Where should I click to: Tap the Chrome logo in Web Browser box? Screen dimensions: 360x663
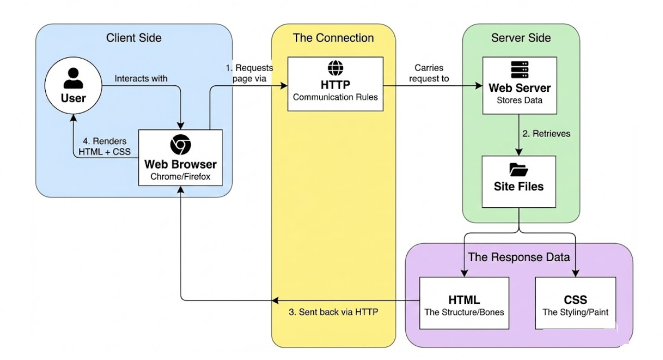pos(180,145)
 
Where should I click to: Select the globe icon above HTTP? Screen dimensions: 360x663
pos(335,69)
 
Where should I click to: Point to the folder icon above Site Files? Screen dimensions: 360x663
pos(519,170)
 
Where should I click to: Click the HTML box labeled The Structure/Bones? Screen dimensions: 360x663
pos(464,302)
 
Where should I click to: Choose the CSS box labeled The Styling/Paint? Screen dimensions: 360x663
pos(575,302)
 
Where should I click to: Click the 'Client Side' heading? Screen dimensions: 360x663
pos(134,38)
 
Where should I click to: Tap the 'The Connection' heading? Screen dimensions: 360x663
pos(333,38)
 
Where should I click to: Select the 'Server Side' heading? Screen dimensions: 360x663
pos(521,38)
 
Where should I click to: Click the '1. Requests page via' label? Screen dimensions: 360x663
pos(249,73)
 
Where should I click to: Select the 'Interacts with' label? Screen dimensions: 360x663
pos(141,78)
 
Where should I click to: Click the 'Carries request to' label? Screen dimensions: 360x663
pos(429,73)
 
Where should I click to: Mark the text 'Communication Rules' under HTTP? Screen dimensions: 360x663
pos(335,97)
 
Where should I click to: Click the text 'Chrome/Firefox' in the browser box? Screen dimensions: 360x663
pos(180,177)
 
